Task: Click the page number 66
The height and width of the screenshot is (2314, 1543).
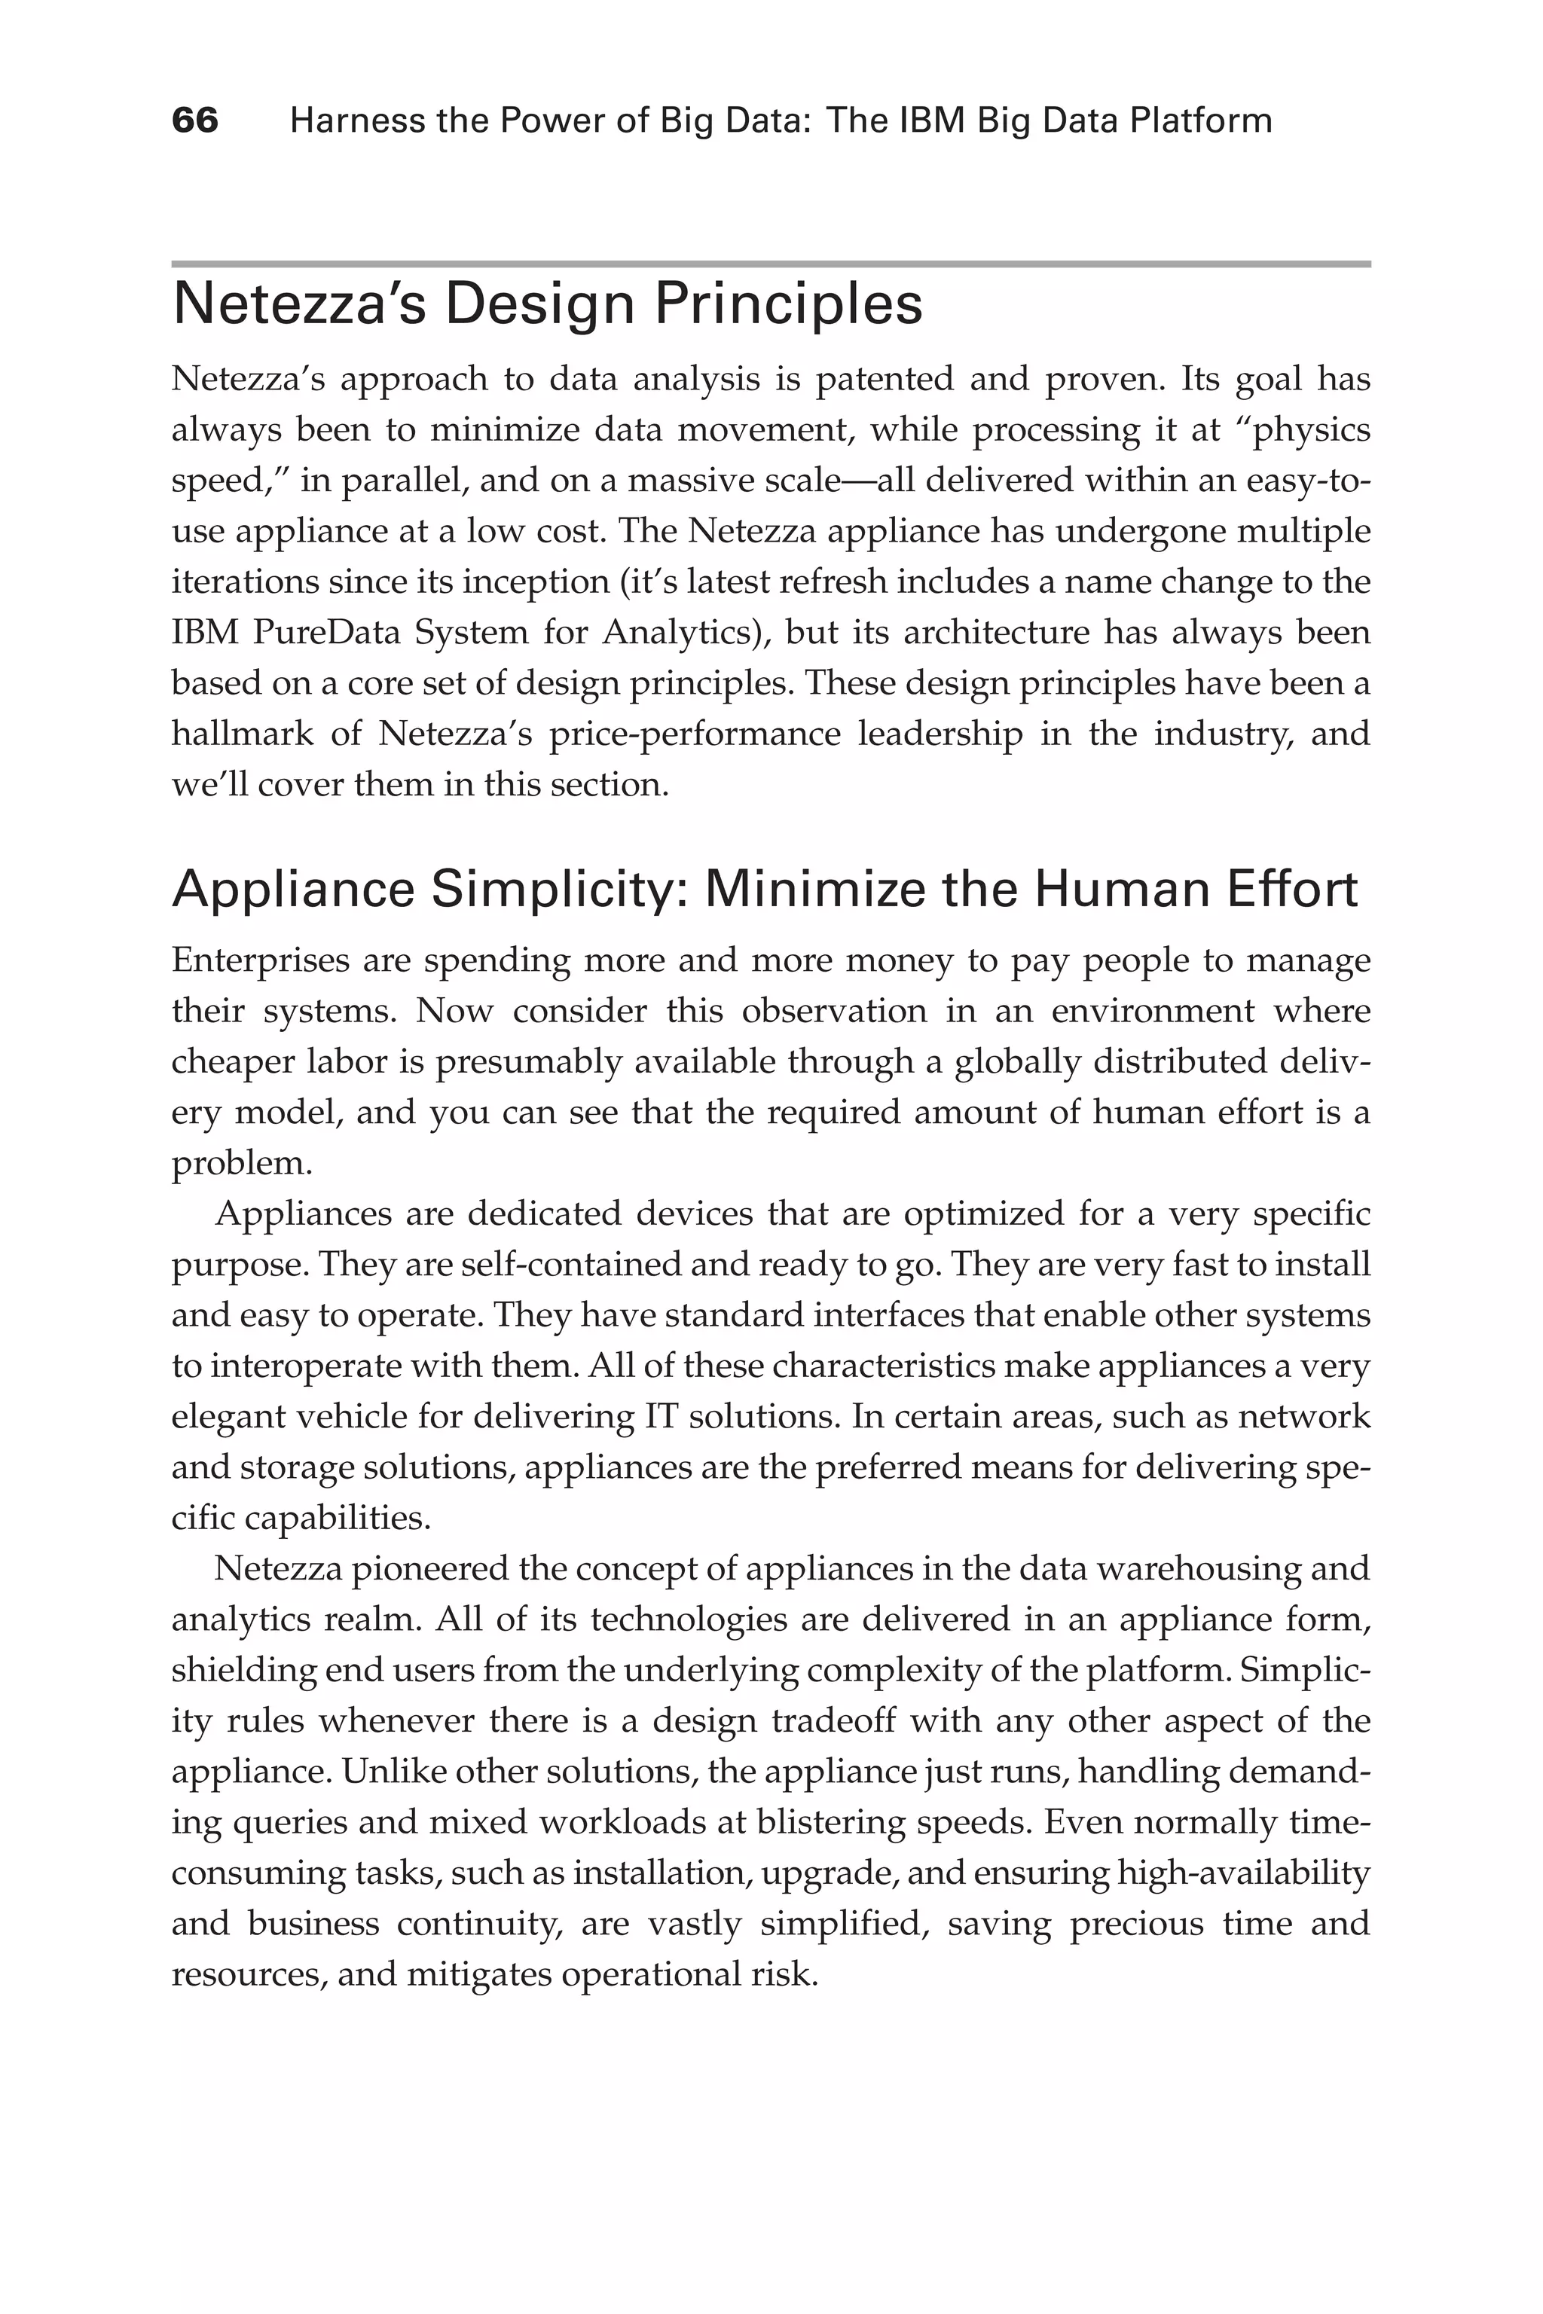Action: point(195,121)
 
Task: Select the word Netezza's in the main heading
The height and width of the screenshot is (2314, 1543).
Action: point(299,305)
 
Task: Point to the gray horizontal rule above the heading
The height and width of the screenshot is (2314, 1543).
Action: point(771,264)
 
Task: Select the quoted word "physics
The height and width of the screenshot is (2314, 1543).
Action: point(1305,430)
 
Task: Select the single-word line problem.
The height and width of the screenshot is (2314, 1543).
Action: point(242,1163)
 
